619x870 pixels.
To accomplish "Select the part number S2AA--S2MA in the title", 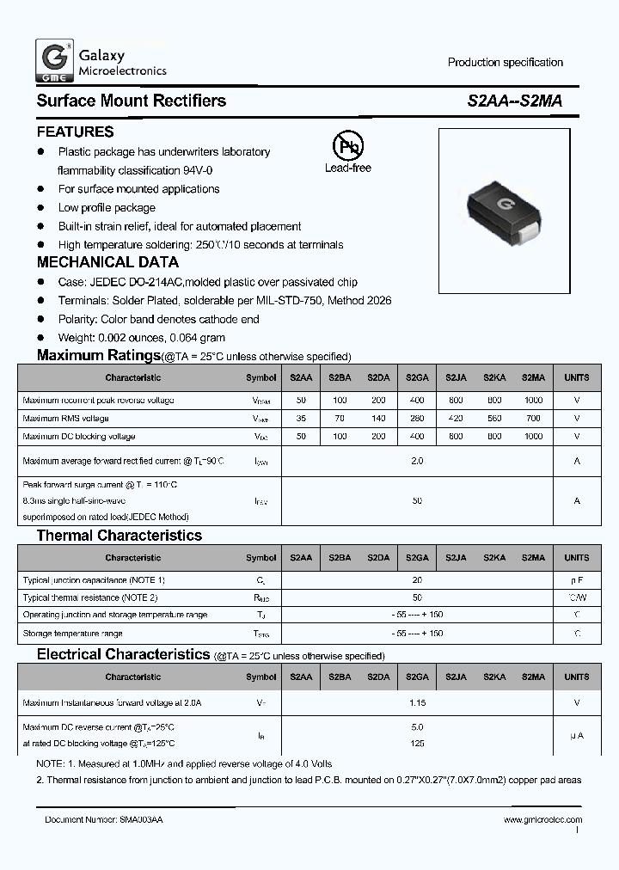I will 515,101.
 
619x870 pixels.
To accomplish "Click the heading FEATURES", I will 75,132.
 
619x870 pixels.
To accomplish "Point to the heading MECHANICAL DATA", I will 107,263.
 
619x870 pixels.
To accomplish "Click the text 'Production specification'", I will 505,62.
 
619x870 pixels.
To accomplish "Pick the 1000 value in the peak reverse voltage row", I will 533,401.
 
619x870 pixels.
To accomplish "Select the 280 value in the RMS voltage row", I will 417,419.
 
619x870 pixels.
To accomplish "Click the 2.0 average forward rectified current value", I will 417,462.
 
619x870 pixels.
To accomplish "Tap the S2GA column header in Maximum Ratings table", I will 417,377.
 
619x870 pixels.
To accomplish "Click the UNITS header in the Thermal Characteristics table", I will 577,558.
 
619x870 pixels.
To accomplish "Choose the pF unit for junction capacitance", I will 577,580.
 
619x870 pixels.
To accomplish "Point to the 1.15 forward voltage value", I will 417,702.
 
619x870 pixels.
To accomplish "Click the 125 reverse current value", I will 417,743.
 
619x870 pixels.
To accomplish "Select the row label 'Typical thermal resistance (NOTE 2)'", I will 90,597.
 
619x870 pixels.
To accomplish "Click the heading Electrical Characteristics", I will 123,654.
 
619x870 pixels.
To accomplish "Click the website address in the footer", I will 542,820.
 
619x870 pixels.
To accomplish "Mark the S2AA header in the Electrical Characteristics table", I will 301,677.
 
